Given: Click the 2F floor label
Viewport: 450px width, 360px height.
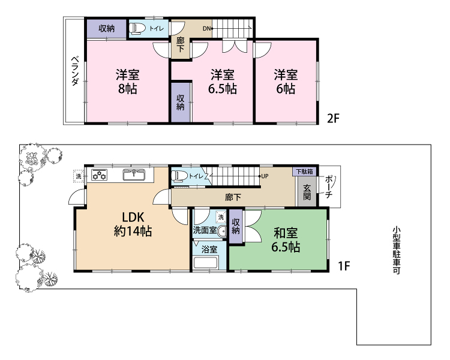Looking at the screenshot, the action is (x=333, y=118).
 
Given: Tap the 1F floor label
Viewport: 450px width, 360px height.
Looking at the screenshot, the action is (x=344, y=266).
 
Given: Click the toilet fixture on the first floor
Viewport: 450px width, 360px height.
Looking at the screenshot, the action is (x=179, y=175).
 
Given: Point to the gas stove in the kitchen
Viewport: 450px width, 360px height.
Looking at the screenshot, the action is (x=99, y=175).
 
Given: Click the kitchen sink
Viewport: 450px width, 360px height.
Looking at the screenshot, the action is (x=134, y=175).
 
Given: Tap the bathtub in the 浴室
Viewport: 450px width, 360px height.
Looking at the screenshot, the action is (x=206, y=263).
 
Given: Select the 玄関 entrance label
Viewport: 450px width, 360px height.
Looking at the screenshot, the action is (x=307, y=192).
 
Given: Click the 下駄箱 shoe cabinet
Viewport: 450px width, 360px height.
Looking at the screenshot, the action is (x=304, y=172).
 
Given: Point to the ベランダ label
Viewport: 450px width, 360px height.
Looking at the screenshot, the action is (x=74, y=71).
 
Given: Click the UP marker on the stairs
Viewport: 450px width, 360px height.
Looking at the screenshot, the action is (x=265, y=176).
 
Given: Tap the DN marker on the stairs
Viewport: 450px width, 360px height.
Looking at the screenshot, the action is (x=206, y=28).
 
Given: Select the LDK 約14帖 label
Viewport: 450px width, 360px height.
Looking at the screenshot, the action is (x=133, y=224).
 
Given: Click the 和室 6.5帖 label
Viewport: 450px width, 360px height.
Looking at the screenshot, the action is (x=286, y=240).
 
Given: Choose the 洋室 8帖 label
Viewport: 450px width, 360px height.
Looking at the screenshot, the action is (x=128, y=82).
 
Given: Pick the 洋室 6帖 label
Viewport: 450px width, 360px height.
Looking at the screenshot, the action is (x=286, y=82).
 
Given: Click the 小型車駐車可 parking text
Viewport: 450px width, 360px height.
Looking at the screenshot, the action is (x=397, y=250).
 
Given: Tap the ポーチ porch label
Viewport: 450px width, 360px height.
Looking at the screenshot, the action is (x=329, y=187).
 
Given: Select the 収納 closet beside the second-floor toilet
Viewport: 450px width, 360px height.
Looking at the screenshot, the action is (x=107, y=28).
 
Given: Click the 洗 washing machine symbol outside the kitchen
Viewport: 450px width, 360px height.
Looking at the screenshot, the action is (x=79, y=176).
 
